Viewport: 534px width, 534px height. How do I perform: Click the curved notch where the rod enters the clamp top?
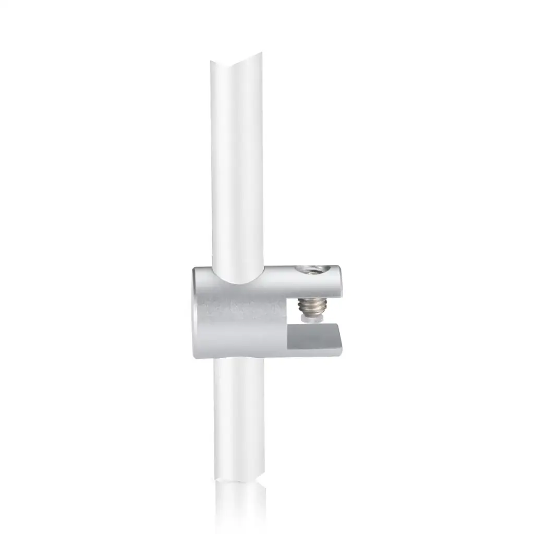pos(237,282)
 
